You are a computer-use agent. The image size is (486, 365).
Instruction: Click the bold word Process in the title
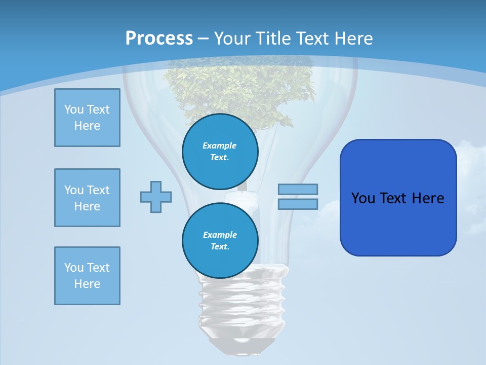(x=159, y=39)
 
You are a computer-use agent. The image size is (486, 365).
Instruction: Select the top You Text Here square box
(x=87, y=118)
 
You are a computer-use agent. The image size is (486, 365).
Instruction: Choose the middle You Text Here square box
(x=87, y=198)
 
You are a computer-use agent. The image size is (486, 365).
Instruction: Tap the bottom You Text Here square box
(x=87, y=276)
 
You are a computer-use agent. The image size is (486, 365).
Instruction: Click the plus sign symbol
(x=156, y=197)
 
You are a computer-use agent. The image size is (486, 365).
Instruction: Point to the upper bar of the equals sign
(x=298, y=189)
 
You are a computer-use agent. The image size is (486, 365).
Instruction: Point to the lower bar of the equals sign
(x=298, y=204)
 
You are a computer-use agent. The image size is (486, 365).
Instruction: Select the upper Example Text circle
(x=220, y=152)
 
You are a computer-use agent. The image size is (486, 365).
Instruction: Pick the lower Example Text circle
(x=220, y=241)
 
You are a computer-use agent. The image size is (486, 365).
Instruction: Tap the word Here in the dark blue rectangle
(x=428, y=198)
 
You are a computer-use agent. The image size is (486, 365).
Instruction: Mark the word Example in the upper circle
(x=220, y=145)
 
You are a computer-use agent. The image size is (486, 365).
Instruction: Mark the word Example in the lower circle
(x=220, y=235)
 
